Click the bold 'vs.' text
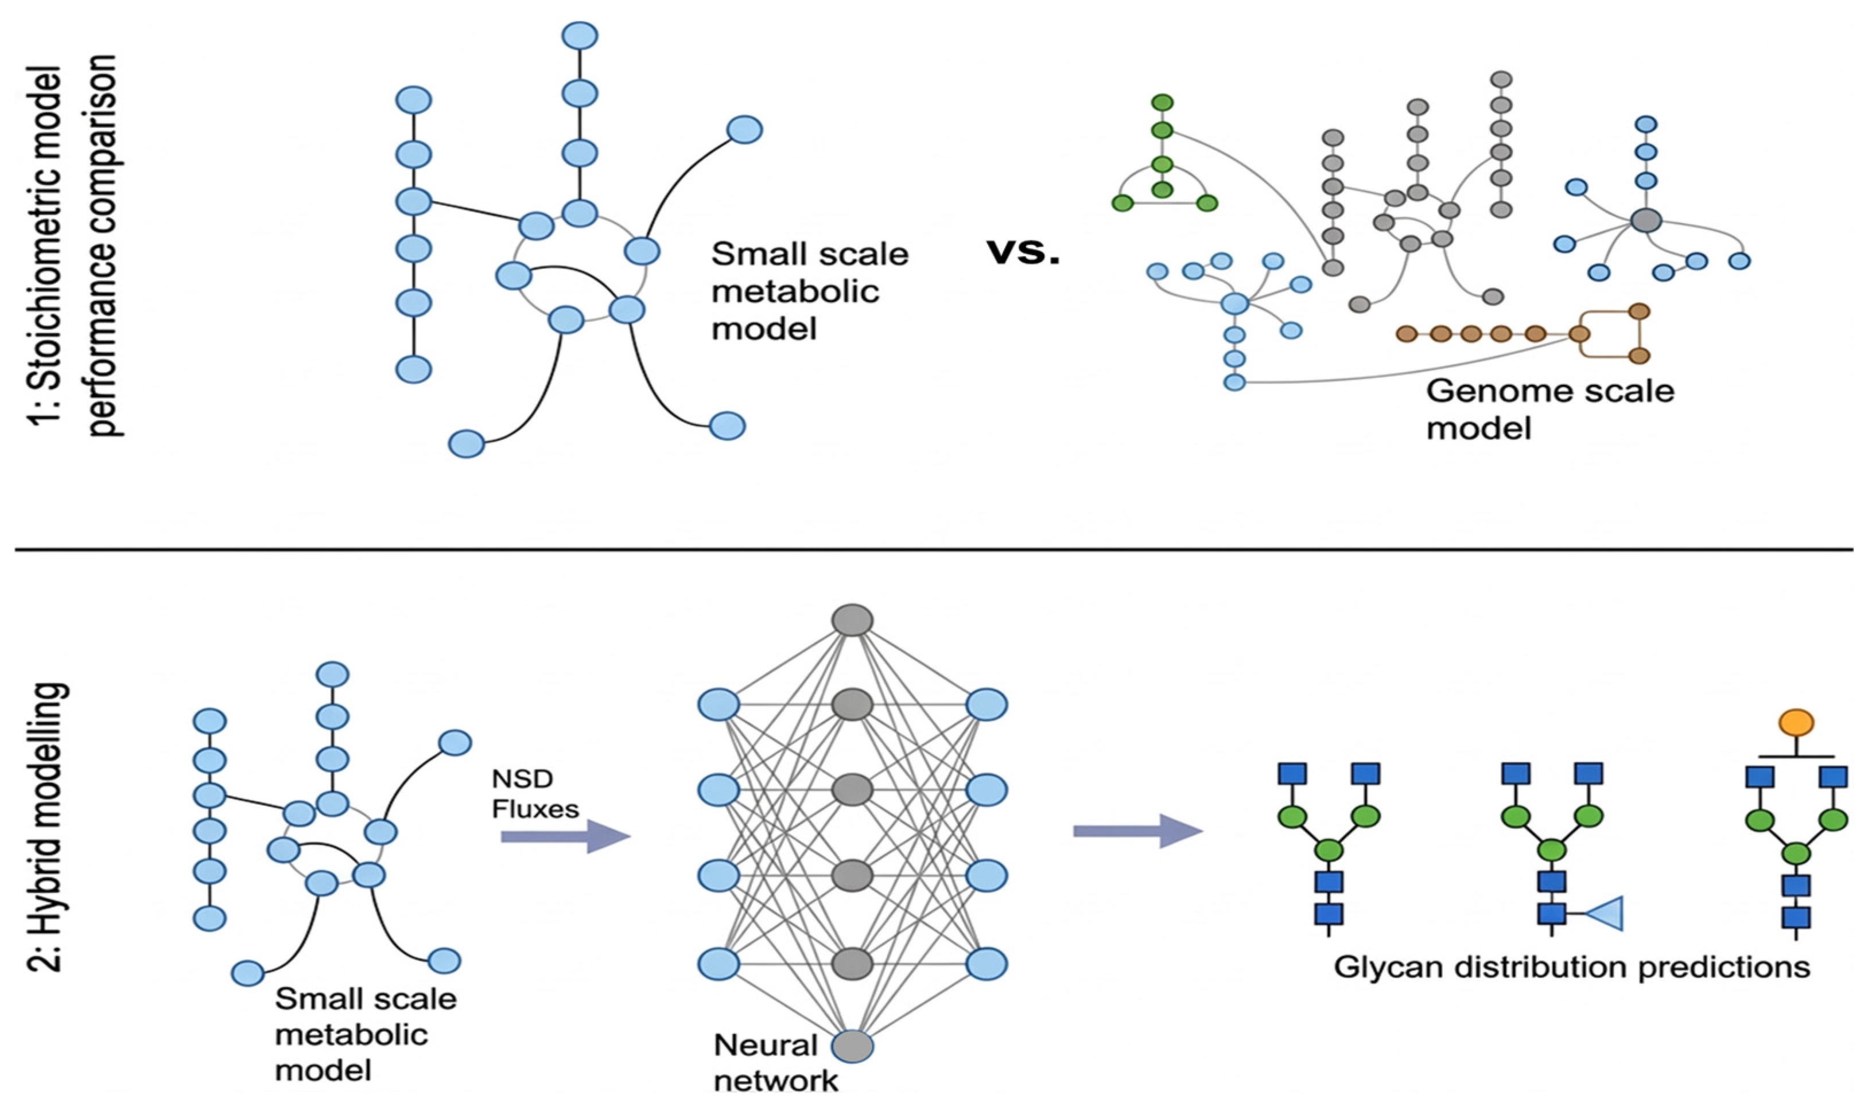(x=1024, y=253)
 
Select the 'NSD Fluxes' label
(x=535, y=794)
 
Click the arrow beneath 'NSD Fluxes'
(x=565, y=836)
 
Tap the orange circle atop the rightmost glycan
(x=1796, y=722)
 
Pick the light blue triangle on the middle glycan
(x=1604, y=914)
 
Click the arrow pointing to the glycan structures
(x=1138, y=831)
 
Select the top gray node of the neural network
(x=853, y=620)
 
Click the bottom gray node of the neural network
(x=853, y=1046)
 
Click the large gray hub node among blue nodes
(x=1646, y=220)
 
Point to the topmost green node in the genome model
(x=1162, y=102)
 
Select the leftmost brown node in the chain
(x=1407, y=333)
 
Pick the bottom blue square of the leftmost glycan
(x=1329, y=914)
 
